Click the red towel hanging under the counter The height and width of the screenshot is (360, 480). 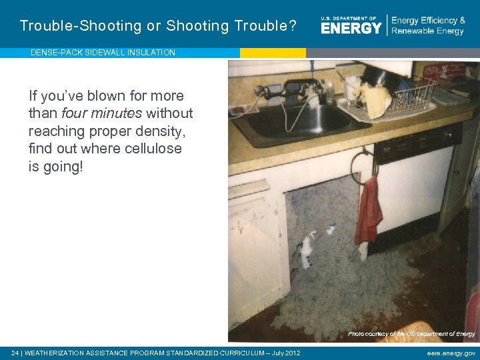click(369, 212)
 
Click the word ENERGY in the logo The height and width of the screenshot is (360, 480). click(351, 27)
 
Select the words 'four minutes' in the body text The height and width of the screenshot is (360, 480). click(102, 113)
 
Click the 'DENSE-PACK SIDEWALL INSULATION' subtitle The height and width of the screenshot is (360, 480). click(103, 53)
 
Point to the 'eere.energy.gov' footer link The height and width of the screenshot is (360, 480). click(451, 353)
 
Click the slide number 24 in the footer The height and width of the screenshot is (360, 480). click(15, 353)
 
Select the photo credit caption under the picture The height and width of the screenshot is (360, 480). click(411, 334)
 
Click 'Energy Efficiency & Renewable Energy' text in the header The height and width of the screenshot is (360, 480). click(428, 26)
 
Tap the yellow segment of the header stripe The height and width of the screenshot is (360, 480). click(273, 53)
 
